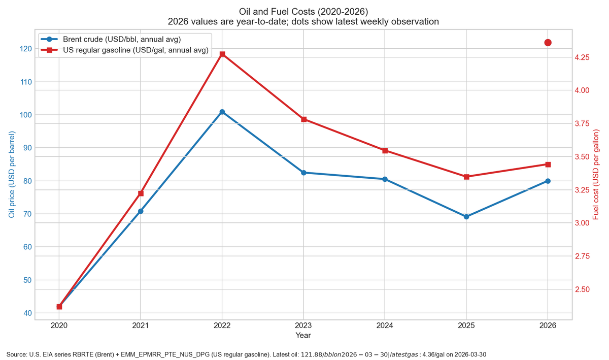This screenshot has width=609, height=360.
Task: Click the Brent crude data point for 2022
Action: [222, 112]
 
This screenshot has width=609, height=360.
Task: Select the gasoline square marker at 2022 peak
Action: [222, 54]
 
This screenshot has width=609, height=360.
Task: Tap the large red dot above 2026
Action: [548, 43]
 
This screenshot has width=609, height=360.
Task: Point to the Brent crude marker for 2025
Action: [466, 217]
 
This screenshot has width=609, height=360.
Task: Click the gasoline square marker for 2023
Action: [303, 119]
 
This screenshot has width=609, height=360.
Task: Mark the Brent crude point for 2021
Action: [141, 211]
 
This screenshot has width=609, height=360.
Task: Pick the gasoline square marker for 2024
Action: [385, 150]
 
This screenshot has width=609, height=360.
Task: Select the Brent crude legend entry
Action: [122, 39]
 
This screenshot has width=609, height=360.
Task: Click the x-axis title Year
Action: [303, 336]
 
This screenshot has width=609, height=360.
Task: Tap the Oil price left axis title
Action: [11, 175]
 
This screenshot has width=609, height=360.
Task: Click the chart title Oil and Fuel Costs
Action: [303, 11]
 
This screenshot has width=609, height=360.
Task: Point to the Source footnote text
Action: [246, 354]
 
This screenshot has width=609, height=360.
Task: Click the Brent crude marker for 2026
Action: [548, 181]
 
